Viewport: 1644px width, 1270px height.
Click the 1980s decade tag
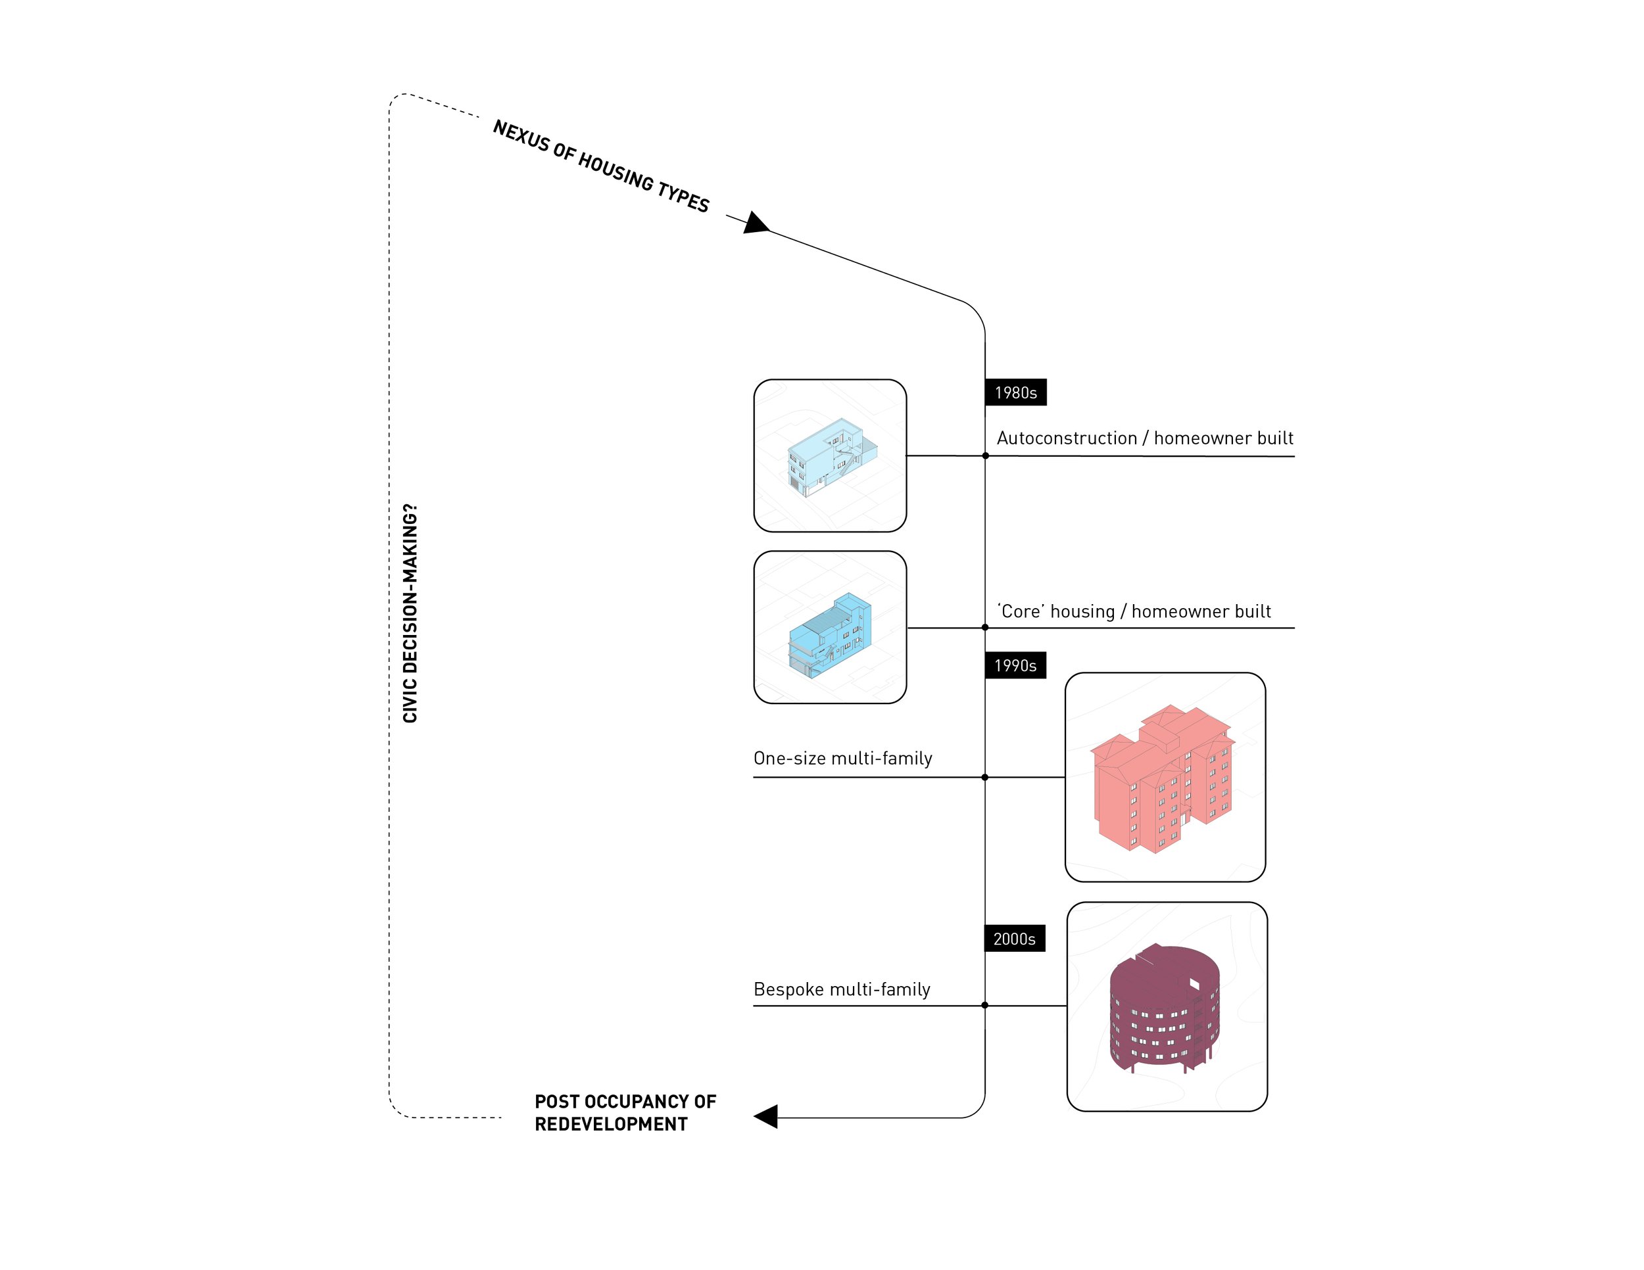[1015, 392]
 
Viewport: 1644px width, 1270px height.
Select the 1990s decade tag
[1015, 665]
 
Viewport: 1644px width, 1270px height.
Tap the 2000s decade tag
[1014, 938]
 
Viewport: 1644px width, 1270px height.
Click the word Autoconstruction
[1067, 438]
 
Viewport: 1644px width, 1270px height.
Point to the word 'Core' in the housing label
[1021, 611]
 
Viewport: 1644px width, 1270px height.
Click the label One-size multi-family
[842, 758]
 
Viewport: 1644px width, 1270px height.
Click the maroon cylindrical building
[1164, 1008]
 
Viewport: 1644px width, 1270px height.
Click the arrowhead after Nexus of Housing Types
[756, 223]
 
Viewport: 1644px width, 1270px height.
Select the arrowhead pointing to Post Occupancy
[765, 1117]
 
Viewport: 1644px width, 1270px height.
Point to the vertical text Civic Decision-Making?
[410, 613]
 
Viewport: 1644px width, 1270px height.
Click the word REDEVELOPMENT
[610, 1124]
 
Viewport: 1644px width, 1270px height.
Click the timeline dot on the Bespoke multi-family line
[984, 1005]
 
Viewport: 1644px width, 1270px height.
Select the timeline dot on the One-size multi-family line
[984, 777]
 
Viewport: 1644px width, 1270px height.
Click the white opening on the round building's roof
[1194, 983]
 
